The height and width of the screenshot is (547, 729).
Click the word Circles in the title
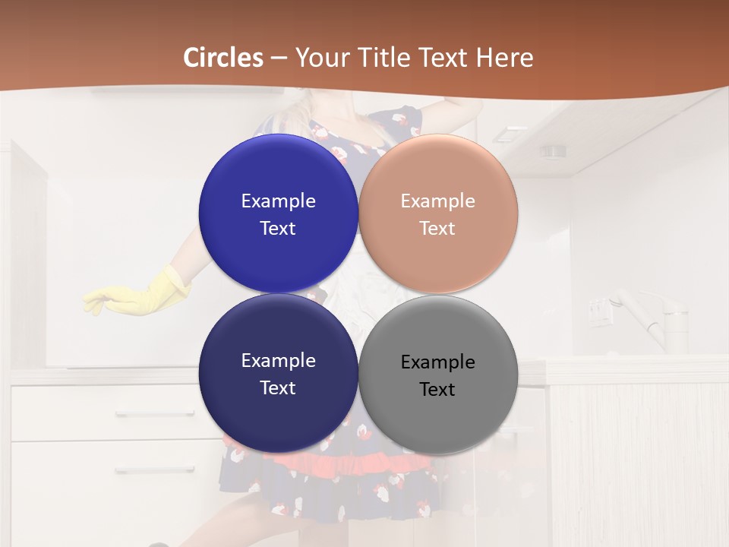click(223, 58)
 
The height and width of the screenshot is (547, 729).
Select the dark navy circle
click(278, 418)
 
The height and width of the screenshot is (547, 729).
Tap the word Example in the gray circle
click(438, 362)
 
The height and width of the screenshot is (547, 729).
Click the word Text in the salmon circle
click(437, 229)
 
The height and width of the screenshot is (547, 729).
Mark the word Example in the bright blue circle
click(278, 201)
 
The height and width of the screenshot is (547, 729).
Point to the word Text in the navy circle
click(278, 388)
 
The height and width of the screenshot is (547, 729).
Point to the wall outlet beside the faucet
click(600, 311)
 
